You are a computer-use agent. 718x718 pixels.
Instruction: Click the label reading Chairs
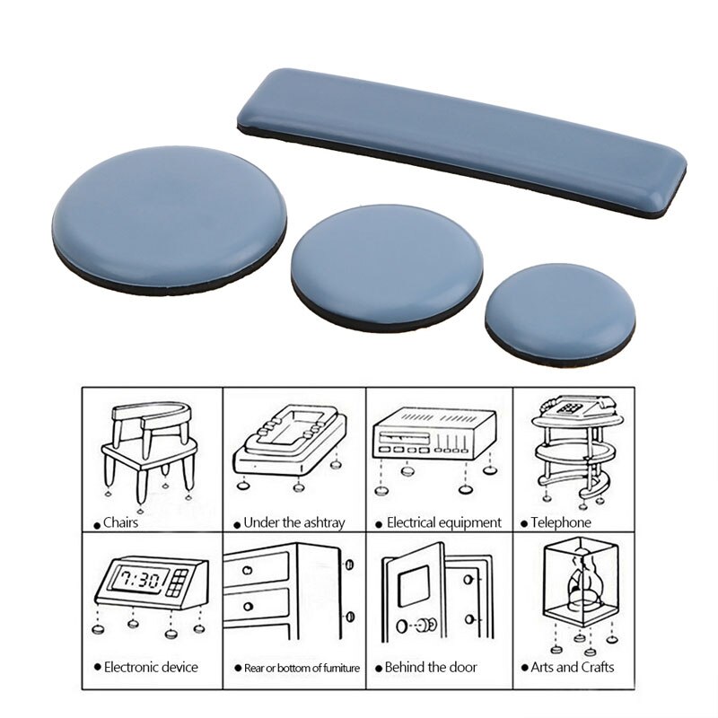coord(120,522)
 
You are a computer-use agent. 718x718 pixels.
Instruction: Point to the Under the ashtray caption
coord(293,522)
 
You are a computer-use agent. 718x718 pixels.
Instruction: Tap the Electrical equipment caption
coord(443,522)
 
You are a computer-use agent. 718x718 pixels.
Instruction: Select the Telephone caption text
coord(560,522)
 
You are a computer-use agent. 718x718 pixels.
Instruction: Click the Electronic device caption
coord(151,667)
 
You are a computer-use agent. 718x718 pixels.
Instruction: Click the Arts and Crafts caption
coord(572,667)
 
